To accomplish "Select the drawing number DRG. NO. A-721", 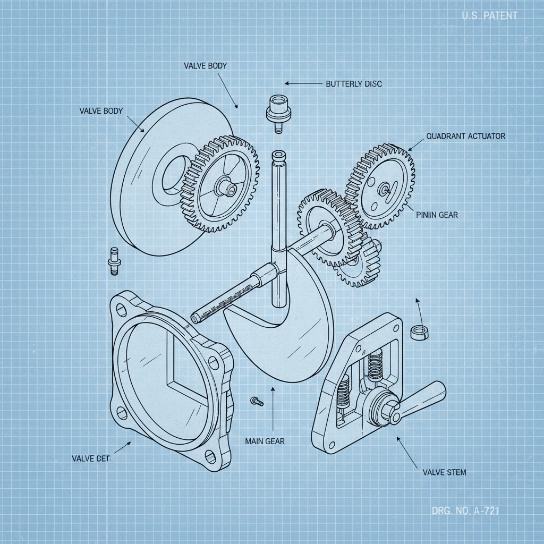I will pyautogui.click(x=466, y=512).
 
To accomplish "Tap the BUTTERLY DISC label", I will pyautogui.click(x=353, y=84).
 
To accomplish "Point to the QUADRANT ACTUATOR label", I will pyautogui.click(x=465, y=137).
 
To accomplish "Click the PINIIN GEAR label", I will pyautogui.click(x=437, y=215).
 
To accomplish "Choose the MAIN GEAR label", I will pyautogui.click(x=265, y=441).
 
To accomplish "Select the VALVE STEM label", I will pyautogui.click(x=444, y=472).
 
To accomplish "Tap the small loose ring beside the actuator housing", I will pyautogui.click(x=420, y=332).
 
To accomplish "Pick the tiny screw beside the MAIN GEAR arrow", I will pyautogui.click(x=257, y=401).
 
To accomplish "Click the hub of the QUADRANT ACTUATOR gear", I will pyautogui.click(x=384, y=188).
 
